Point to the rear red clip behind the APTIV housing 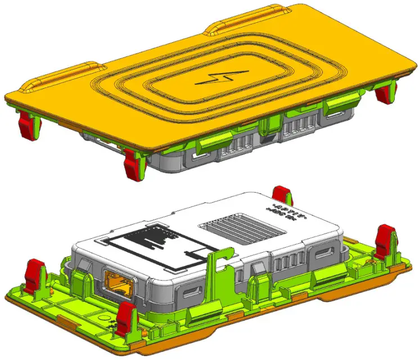[x=281, y=196]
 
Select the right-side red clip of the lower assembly [x=385, y=238]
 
